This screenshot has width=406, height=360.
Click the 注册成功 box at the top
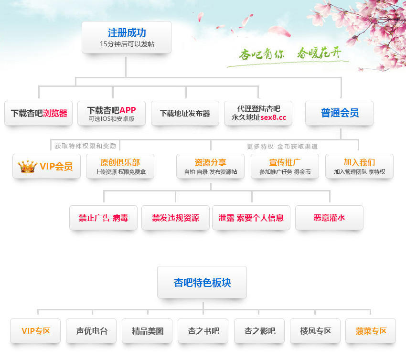(x=126, y=37)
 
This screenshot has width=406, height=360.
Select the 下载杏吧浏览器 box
(x=39, y=113)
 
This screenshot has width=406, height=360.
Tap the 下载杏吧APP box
(x=111, y=113)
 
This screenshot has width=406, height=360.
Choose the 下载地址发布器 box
(x=185, y=113)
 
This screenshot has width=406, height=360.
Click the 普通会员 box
(x=340, y=113)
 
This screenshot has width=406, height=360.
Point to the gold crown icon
(x=27, y=166)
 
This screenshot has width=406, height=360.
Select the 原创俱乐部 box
(x=120, y=166)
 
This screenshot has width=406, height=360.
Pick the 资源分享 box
(x=210, y=166)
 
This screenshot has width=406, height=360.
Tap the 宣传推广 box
(x=285, y=166)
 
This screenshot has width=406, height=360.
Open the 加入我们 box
(x=359, y=166)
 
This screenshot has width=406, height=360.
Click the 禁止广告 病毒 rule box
(x=103, y=218)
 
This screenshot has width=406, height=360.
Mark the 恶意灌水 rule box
(x=329, y=218)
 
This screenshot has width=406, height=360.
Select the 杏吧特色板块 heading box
(x=202, y=282)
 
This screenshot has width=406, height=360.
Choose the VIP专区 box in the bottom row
(x=35, y=331)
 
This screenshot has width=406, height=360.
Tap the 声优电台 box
(x=92, y=331)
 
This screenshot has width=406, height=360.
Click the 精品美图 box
(x=148, y=331)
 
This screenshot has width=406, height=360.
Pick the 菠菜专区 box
(x=371, y=331)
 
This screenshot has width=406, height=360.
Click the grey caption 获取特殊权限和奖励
(x=85, y=146)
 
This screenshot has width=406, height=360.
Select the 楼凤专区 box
(x=315, y=331)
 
